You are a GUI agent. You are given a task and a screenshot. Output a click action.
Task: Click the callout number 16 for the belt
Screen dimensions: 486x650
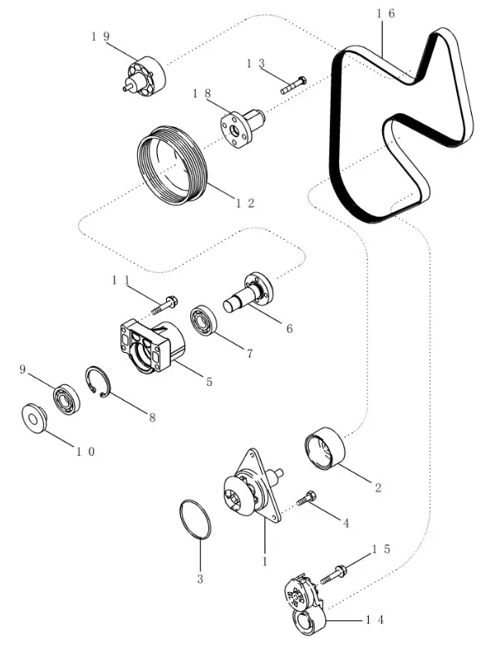tap(385, 13)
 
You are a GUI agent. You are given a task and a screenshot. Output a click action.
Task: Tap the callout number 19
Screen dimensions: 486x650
tap(101, 37)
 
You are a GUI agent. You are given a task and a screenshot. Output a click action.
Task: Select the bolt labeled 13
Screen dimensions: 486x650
tap(293, 85)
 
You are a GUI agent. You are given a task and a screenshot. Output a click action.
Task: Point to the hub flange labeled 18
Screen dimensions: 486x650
tap(242, 127)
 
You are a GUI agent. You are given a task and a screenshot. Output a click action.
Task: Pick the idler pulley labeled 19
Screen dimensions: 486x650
tap(145, 76)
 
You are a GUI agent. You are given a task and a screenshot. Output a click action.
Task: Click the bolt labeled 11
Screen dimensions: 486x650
tap(164, 305)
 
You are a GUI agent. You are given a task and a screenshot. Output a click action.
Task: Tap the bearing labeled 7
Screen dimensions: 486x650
tap(202, 320)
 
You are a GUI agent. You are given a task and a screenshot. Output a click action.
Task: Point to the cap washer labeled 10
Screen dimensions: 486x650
tap(33, 418)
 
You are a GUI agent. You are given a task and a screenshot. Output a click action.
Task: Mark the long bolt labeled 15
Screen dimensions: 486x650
tap(333, 574)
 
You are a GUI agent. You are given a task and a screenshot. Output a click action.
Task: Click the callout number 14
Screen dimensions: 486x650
tap(375, 620)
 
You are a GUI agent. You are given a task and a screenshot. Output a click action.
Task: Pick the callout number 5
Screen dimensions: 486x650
tap(209, 381)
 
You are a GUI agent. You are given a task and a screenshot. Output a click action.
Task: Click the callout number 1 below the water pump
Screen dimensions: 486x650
tap(265, 561)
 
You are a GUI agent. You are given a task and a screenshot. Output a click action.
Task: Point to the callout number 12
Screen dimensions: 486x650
tap(245, 203)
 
